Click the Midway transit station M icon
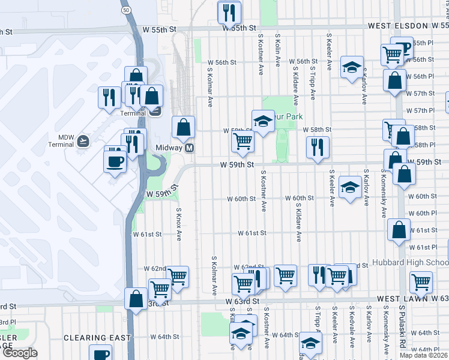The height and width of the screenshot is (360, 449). [189, 148]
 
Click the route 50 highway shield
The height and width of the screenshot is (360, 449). [125, 10]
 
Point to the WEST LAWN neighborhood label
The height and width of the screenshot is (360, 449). [403, 298]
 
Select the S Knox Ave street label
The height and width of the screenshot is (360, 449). [179, 224]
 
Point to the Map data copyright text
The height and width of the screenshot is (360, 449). [423, 355]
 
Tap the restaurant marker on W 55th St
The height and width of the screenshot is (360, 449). [229, 11]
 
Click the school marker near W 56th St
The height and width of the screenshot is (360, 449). [352, 67]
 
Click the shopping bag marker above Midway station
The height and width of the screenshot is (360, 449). [183, 127]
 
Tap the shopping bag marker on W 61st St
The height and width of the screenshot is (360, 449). [399, 229]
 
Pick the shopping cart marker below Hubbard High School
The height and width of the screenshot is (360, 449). [421, 281]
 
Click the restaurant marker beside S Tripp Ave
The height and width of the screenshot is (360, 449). [317, 147]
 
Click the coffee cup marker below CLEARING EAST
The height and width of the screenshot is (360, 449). [100, 353]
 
